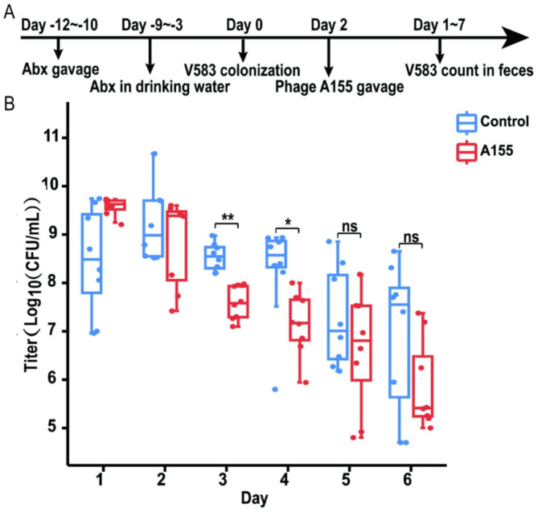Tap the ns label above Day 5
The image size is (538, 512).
(349, 228)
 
